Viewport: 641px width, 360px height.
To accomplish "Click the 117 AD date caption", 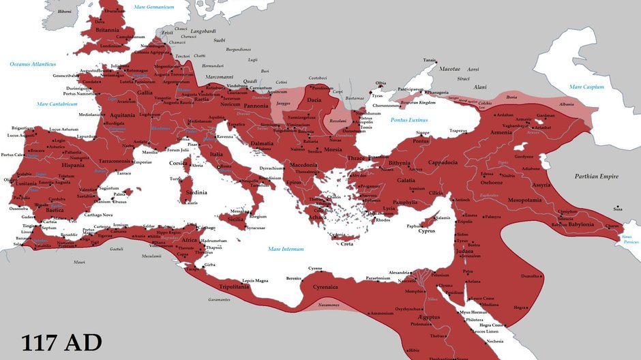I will tap(61, 342).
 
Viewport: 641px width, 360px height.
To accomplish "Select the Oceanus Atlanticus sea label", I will tap(33, 64).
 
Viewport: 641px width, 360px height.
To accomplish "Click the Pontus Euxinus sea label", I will tap(409, 119).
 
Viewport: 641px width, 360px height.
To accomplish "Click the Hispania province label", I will tap(73, 165).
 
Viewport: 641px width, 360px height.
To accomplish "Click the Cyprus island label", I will tap(426, 231).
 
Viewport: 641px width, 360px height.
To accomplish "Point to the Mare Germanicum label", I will tap(154, 7).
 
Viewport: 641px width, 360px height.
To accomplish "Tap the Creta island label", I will tap(347, 243).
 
